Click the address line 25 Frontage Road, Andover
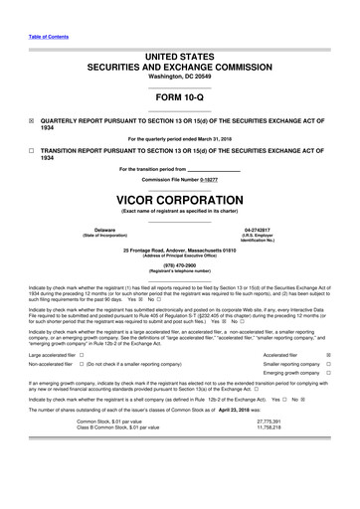click(179, 250)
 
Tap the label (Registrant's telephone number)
click(179, 271)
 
